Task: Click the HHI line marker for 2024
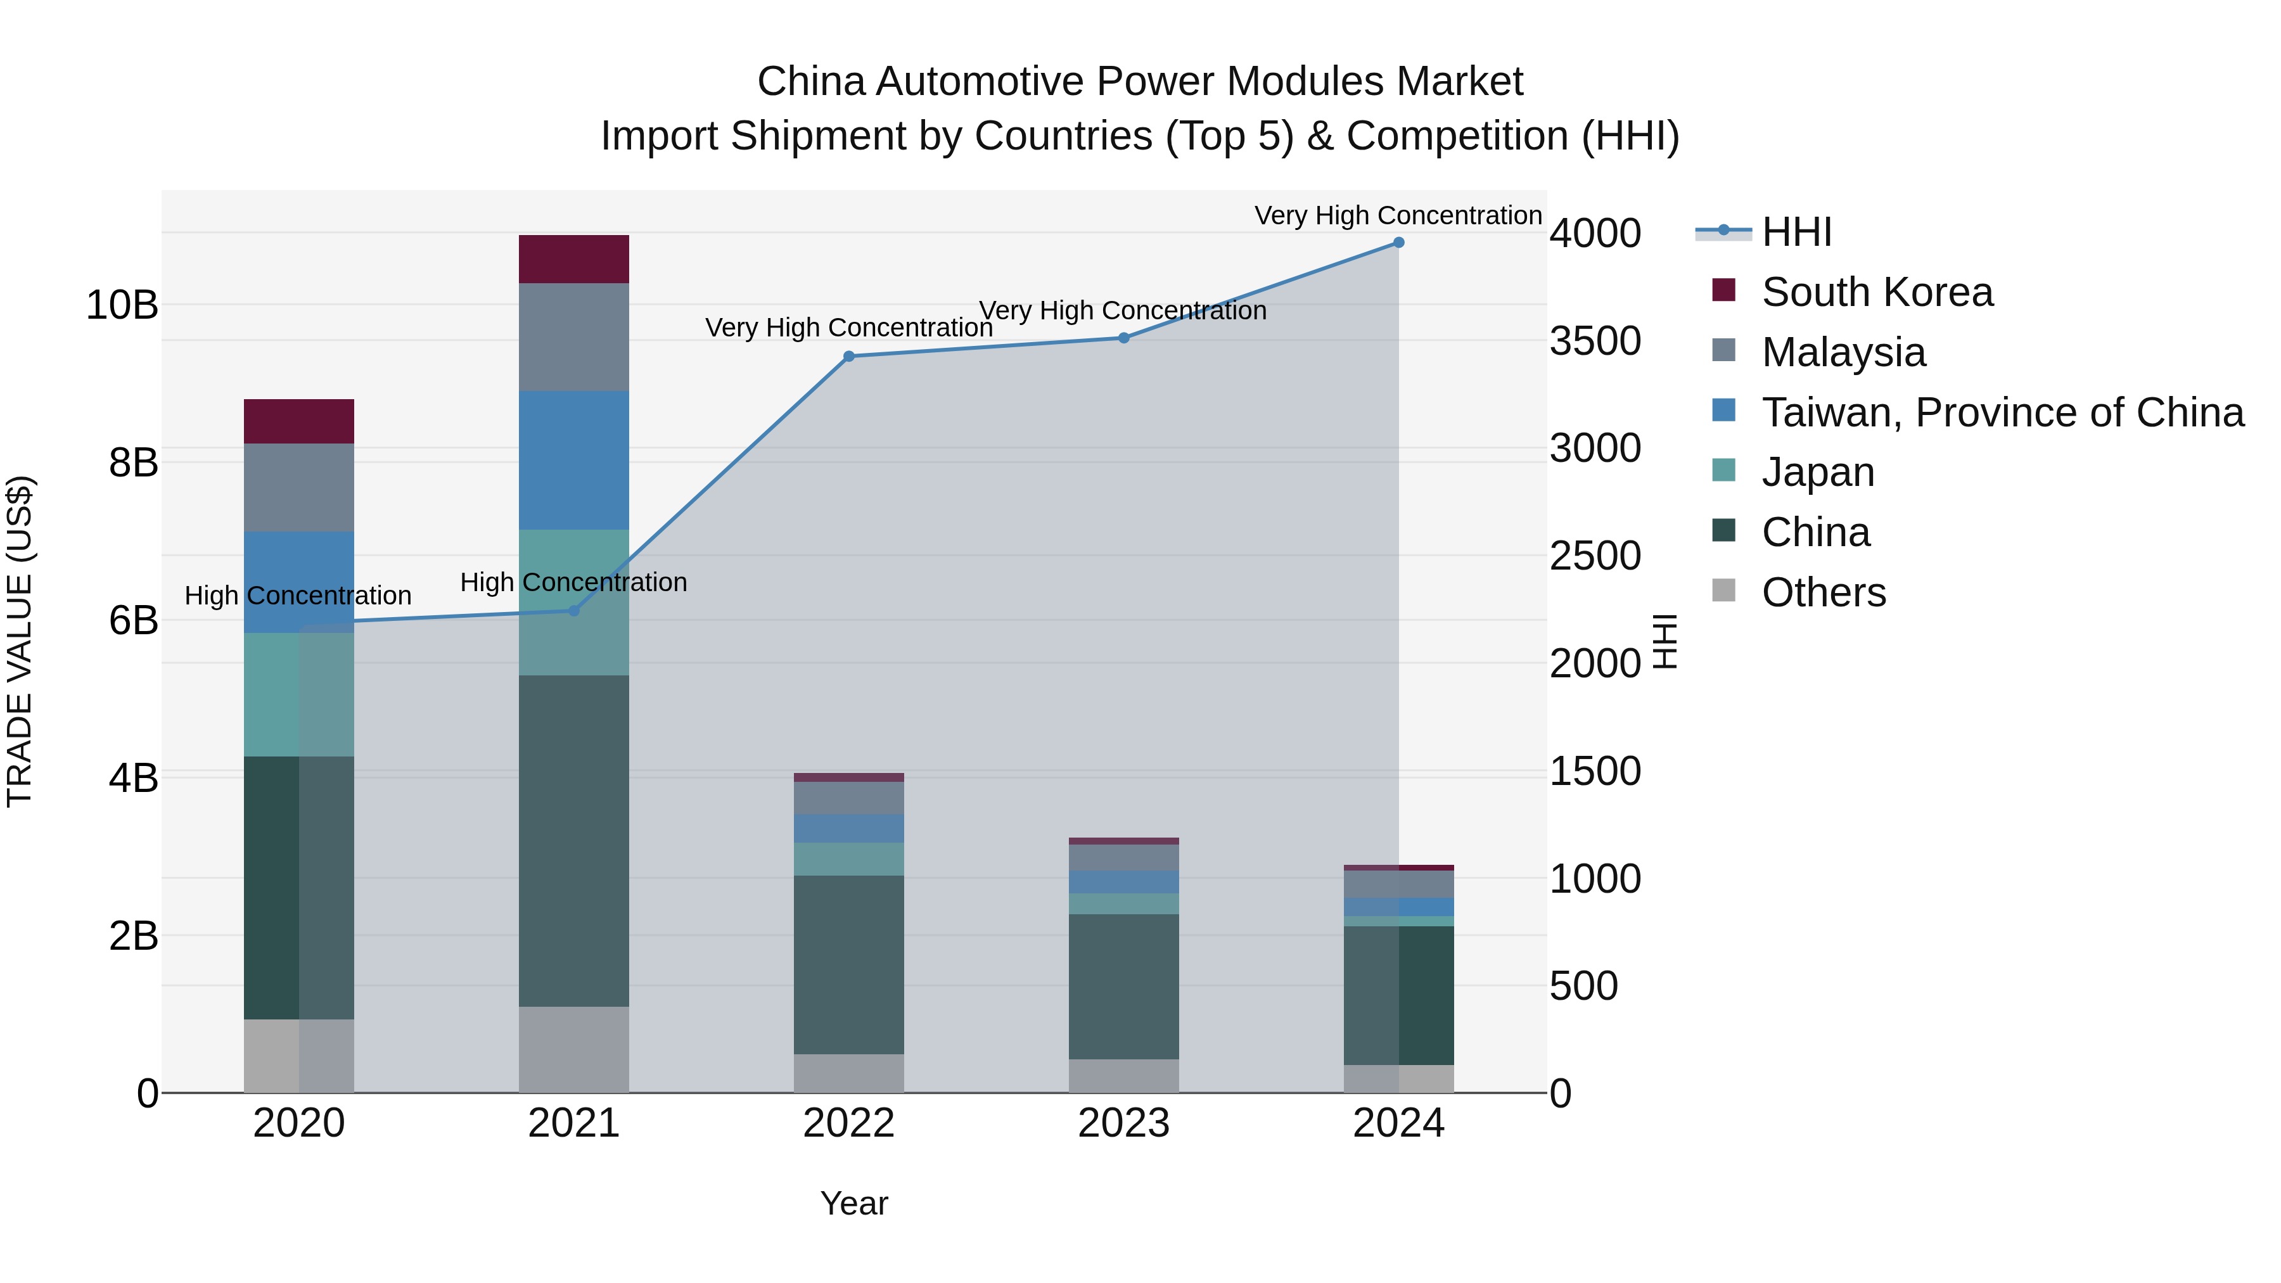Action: (x=1398, y=243)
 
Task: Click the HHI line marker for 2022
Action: (x=848, y=357)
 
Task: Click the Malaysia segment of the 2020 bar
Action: (x=298, y=488)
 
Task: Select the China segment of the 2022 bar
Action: (x=848, y=965)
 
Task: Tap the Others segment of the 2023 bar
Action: (x=1123, y=1076)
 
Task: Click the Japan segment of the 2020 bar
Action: (x=298, y=695)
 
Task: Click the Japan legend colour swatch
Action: (x=1723, y=471)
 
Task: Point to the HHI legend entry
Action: (x=1796, y=232)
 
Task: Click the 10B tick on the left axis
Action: (x=122, y=305)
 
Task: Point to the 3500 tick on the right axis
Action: (x=1595, y=341)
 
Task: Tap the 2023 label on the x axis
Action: (x=1123, y=1123)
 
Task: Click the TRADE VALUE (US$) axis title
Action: (x=20, y=641)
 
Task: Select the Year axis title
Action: (x=853, y=1203)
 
